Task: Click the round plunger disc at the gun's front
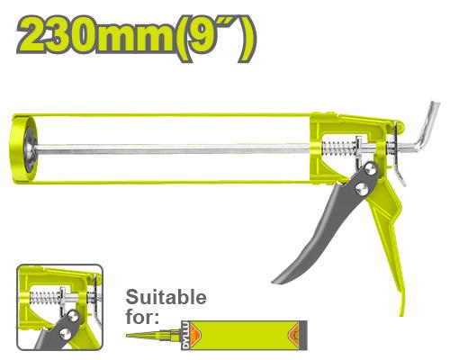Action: [24, 148]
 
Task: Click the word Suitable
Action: [166, 297]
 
